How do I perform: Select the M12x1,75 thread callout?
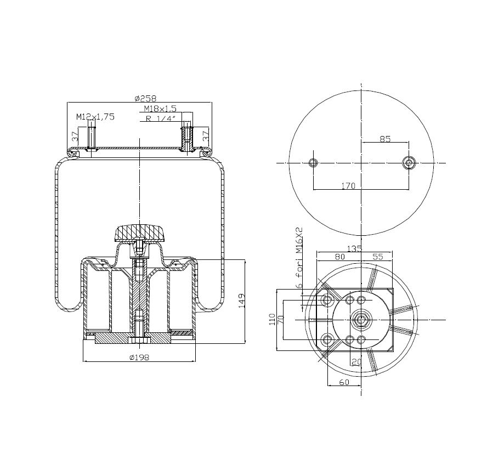tap(95, 117)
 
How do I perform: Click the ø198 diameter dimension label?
tap(139, 358)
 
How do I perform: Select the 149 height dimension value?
tap(242, 302)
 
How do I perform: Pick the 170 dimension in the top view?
tap(348, 186)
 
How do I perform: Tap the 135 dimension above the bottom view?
tap(355, 249)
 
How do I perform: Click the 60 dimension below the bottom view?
tap(344, 382)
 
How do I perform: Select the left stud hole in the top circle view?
tap(313, 163)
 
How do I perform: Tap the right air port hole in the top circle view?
tap(409, 163)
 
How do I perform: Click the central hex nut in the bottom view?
tap(361, 319)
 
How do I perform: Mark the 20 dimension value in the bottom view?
tap(356, 361)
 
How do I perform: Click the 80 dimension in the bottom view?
tap(339, 256)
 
